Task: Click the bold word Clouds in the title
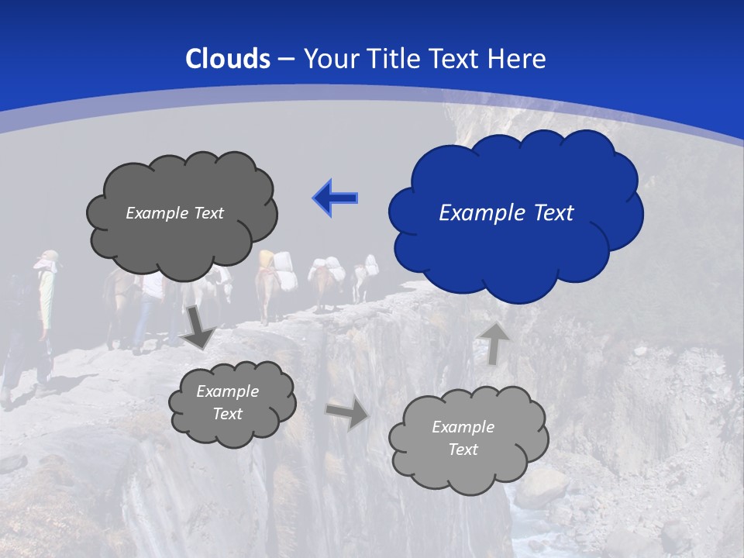[228, 59]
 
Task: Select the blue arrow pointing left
[335, 198]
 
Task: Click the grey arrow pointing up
[493, 343]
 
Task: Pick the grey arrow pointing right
[347, 414]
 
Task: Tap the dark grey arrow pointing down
[198, 326]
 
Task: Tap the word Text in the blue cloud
[552, 213]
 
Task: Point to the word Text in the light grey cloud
[463, 449]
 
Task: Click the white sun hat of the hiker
[46, 259]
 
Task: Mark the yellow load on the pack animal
[267, 257]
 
